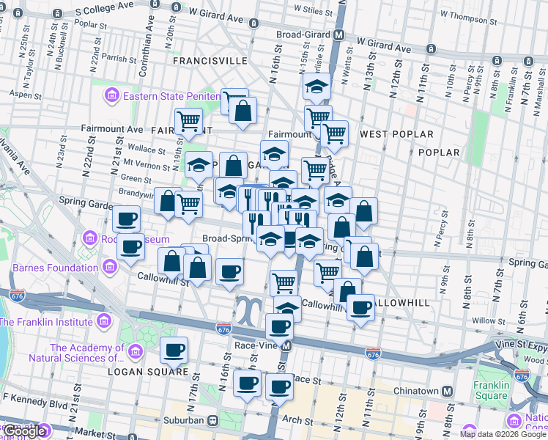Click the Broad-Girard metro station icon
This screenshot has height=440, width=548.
click(339, 34)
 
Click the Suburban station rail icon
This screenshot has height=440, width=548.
click(213, 421)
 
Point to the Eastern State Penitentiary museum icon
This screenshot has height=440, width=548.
click(112, 95)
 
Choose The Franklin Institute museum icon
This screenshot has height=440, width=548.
click(103, 322)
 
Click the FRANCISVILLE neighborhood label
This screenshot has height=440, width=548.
click(210, 61)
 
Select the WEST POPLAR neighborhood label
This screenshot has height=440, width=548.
click(396, 134)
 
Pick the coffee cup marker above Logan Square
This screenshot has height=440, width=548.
click(174, 351)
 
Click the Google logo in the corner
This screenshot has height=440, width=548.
click(23, 431)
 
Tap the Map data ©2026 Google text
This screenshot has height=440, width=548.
click(503, 434)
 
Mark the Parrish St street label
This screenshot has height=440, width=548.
click(115, 56)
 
